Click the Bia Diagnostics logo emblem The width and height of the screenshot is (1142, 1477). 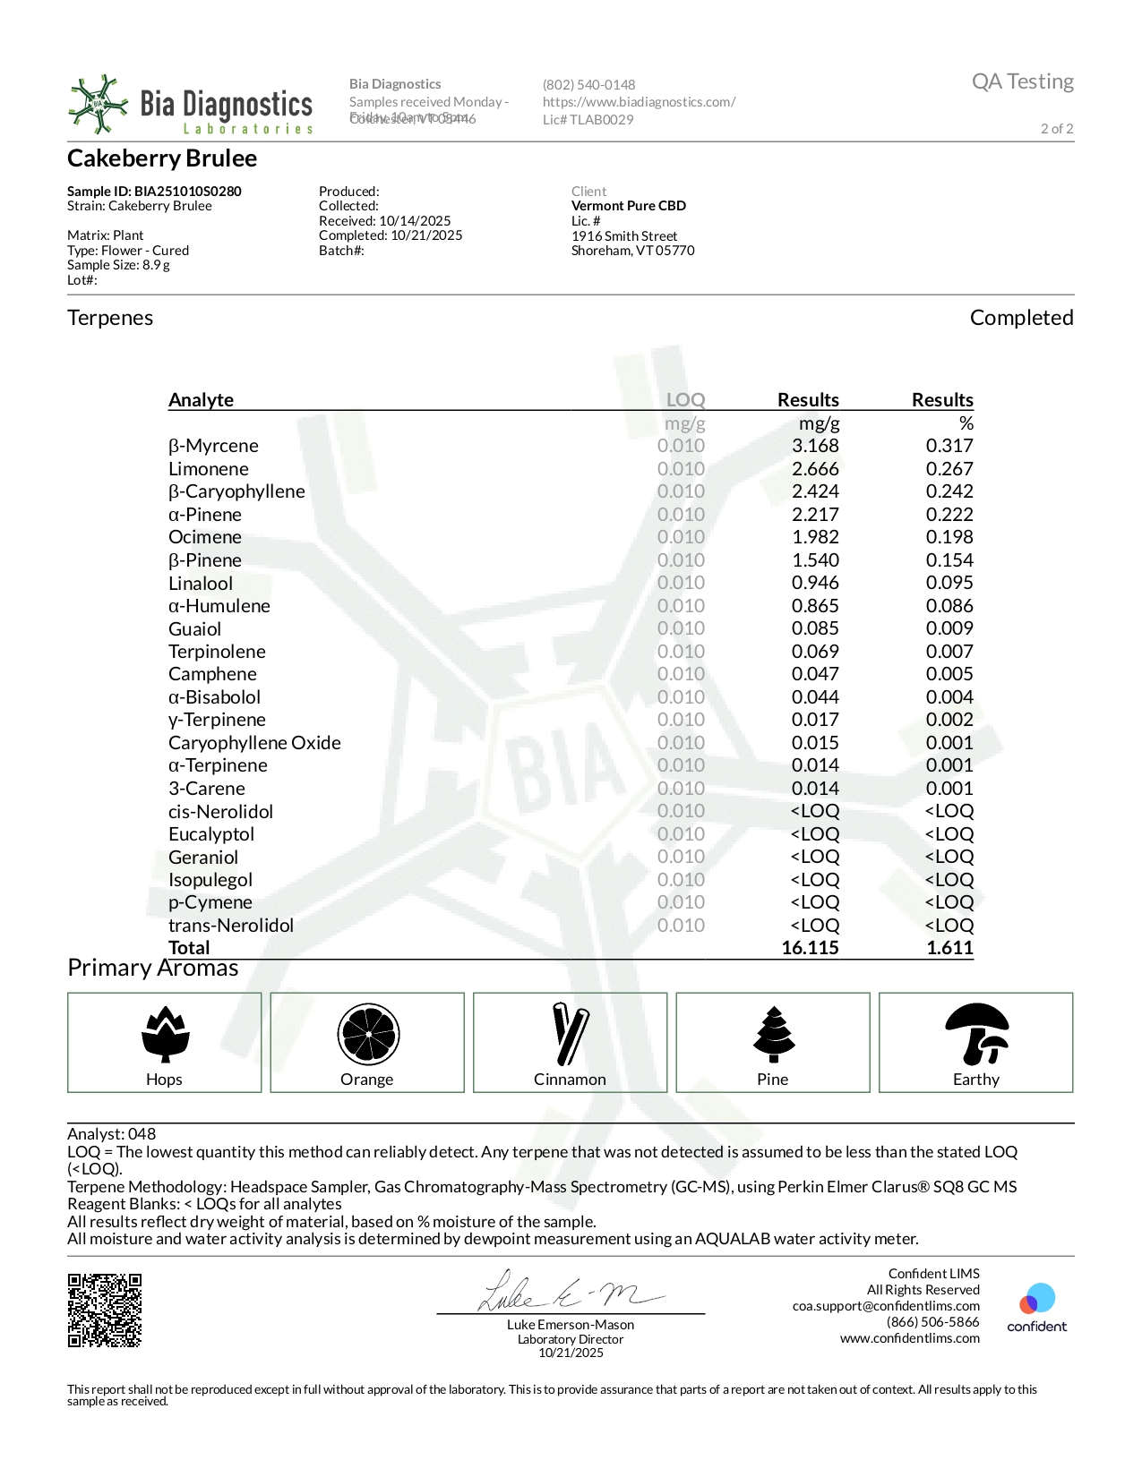coord(99,105)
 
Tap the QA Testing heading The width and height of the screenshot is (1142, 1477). coord(1022,81)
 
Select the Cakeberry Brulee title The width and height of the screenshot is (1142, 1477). coord(162,158)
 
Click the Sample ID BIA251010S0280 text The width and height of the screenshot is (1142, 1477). coord(154,192)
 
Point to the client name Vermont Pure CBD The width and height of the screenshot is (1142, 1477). coord(629,206)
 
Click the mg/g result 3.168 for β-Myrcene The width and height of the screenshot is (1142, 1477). coord(815,446)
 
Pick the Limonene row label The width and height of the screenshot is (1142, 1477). coord(209,469)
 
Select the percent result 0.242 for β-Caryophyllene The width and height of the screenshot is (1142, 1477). coord(949,491)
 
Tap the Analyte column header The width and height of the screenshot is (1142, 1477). coord(201,400)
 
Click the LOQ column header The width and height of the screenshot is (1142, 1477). coord(685,400)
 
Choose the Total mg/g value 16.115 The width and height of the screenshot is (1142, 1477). coord(810,948)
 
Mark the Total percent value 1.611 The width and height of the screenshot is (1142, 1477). coord(949,948)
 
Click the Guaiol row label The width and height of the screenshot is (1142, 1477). coord(194,629)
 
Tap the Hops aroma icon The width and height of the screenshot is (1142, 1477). coord(165,1034)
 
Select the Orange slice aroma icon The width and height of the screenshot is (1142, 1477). coord(368,1034)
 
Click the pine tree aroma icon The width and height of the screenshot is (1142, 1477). coord(773,1034)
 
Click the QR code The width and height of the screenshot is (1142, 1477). coord(105,1311)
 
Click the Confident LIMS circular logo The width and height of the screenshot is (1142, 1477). coord(1037,1299)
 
